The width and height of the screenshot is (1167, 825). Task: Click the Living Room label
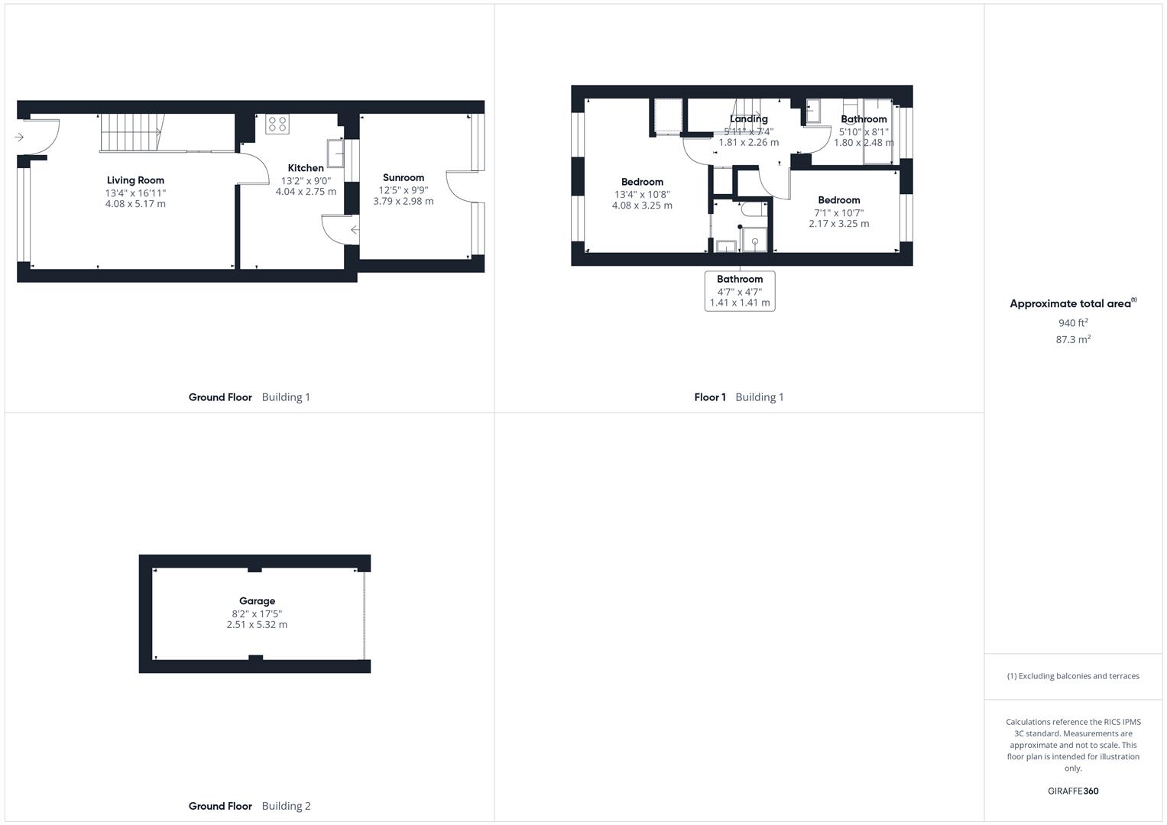point(135,180)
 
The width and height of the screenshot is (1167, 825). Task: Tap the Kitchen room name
point(306,168)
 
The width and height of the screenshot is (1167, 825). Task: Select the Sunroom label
point(404,177)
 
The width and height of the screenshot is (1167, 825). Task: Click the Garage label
point(257,601)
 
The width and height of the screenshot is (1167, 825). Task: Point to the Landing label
point(748,119)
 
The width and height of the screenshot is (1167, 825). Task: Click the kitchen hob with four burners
point(277,124)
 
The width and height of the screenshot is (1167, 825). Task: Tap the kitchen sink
point(336,153)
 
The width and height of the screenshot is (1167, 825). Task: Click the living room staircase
point(131,133)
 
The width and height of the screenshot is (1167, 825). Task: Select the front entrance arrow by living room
point(19,137)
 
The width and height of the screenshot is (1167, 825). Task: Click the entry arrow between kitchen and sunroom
point(355,230)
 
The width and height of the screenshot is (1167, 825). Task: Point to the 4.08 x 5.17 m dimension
point(135,204)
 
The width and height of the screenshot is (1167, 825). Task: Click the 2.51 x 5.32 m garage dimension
point(257,625)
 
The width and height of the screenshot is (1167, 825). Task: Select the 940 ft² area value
point(1073,323)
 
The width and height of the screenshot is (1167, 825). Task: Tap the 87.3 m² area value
point(1073,340)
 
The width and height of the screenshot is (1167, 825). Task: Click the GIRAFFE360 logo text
point(1073,791)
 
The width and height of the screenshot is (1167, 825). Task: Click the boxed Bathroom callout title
point(740,280)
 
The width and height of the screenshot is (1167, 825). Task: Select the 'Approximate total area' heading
point(1070,304)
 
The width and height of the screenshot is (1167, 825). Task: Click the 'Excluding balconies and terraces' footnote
point(1073,676)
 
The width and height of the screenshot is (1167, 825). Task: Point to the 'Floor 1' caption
point(710,397)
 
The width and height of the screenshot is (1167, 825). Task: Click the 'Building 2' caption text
point(286,806)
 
